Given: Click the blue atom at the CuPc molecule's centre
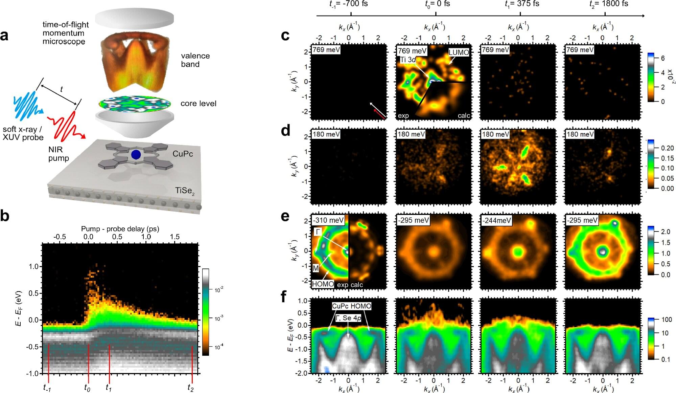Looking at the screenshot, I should point(136,154).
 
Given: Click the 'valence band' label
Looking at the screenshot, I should point(195,60).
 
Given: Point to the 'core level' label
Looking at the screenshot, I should point(198,104).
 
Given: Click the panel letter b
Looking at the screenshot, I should point(5,216).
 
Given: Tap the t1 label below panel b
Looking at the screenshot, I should point(108,388).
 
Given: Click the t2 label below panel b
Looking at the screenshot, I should point(191,388).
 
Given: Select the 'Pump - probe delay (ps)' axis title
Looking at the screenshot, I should point(120,229).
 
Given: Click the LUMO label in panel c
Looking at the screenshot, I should point(459,52).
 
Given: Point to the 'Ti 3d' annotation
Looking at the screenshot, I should point(408,60).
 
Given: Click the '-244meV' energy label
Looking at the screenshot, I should point(496,220).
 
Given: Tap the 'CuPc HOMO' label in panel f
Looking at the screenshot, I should point(351,306).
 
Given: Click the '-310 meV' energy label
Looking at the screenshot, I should point(328,220).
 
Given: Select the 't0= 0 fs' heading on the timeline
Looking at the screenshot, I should point(437,4).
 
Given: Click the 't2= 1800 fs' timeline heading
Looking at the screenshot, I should point(609,4).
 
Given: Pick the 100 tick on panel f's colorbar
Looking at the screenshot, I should point(667,320).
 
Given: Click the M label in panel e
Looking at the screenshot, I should point(316,268).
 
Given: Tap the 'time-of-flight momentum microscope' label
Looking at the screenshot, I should point(65,33).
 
